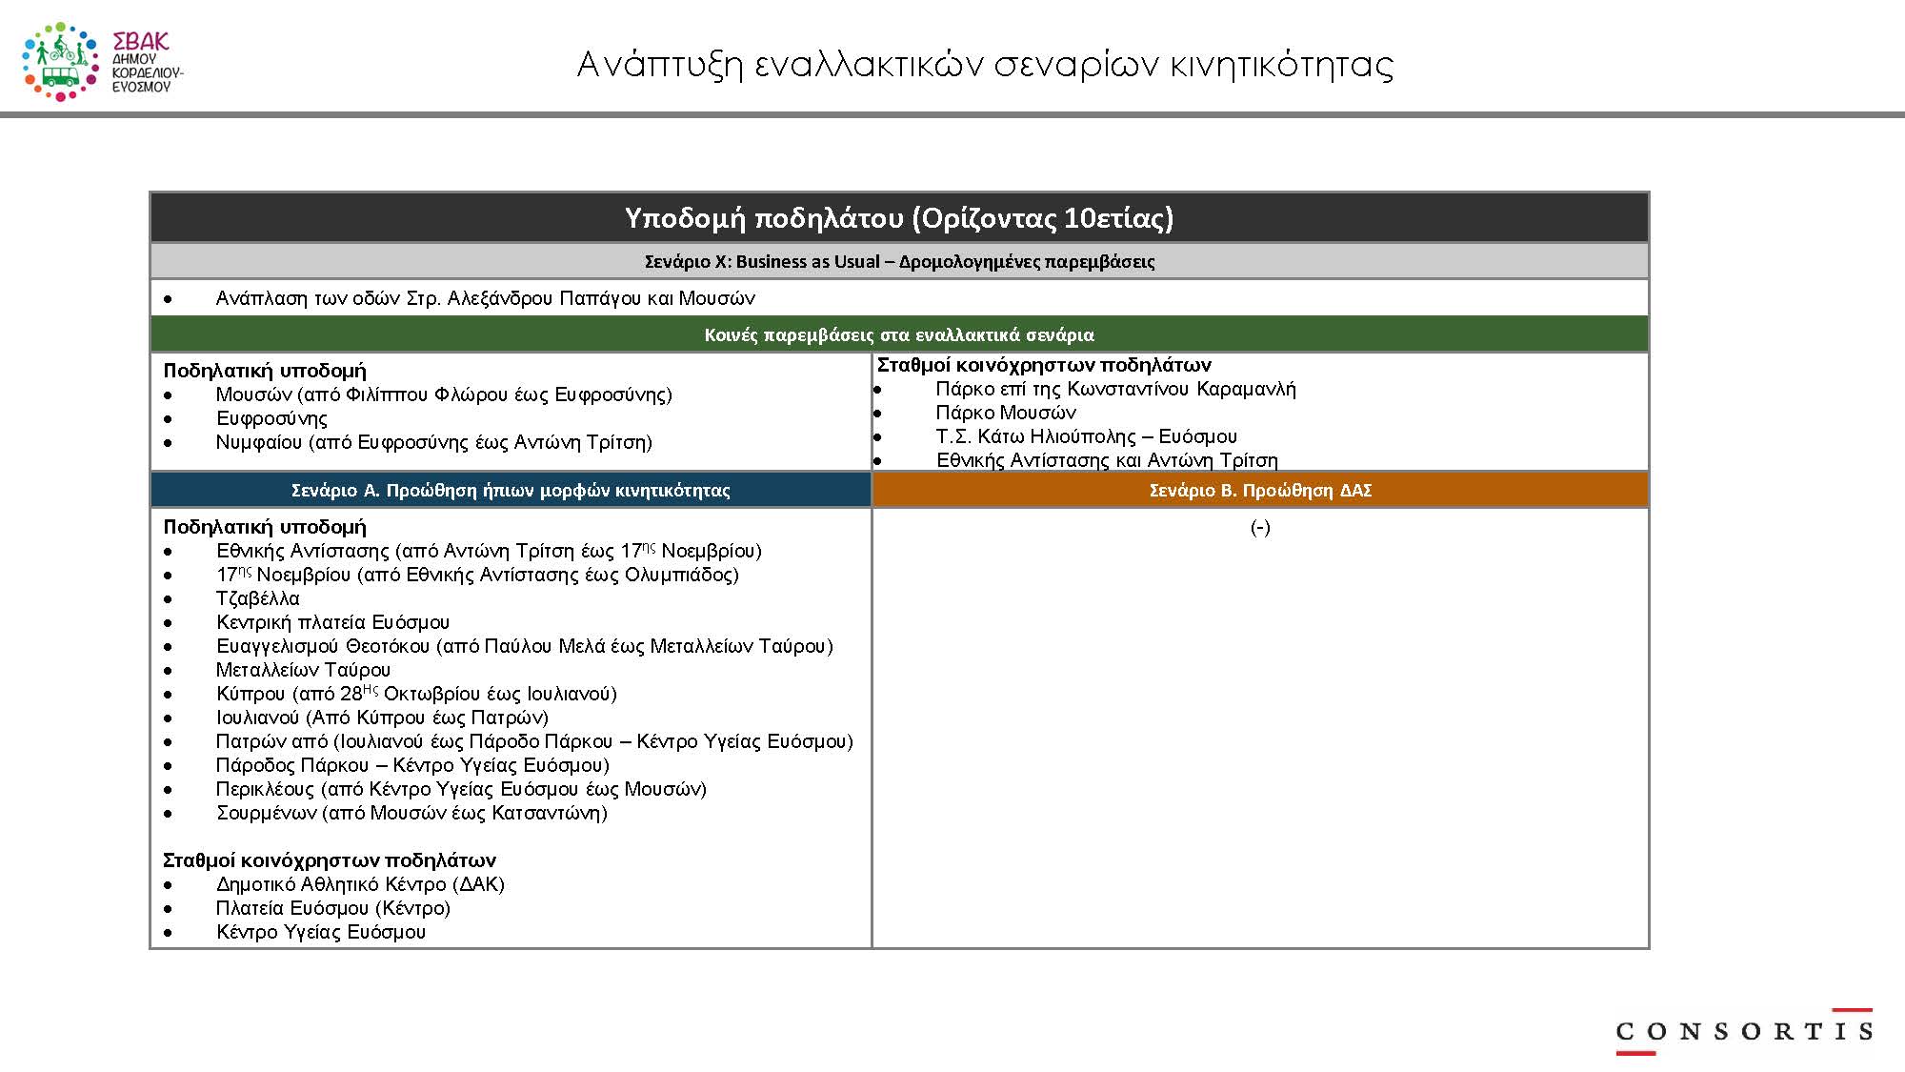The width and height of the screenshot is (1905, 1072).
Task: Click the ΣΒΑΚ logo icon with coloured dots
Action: coord(60,62)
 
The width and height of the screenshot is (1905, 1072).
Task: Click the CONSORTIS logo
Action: coord(1743,1031)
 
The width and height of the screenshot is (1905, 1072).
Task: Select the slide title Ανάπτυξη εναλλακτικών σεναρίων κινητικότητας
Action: coord(985,65)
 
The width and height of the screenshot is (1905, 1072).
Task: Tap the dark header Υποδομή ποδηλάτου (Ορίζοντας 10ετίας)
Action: coord(899,218)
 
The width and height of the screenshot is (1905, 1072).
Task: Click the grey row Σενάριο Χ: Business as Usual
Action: coord(899,261)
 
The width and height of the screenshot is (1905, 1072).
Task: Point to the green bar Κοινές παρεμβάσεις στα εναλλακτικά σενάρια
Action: coord(899,334)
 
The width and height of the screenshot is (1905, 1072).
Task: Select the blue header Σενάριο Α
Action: coord(511,490)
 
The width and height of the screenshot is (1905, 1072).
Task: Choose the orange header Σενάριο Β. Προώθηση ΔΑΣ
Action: coord(1260,490)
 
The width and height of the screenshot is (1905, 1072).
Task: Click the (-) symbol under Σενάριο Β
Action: coord(1260,527)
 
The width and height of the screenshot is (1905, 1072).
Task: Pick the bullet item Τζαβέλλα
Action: coord(257,598)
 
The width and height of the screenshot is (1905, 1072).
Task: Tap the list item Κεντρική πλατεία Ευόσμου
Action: coord(332,622)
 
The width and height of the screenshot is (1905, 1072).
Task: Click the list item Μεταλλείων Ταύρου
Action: coord(303,670)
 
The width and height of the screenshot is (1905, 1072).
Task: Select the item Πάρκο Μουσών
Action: coord(1006,413)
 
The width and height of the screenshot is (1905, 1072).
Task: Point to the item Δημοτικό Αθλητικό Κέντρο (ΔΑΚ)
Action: coord(360,884)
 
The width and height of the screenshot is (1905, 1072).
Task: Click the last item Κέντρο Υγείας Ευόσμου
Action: coord(321,932)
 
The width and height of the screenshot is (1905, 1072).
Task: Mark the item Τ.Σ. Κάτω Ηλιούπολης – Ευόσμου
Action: coord(1086,436)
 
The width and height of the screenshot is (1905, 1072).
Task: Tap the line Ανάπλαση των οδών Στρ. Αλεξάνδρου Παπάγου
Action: coord(485,298)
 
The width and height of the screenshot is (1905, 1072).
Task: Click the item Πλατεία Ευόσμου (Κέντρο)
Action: coord(332,908)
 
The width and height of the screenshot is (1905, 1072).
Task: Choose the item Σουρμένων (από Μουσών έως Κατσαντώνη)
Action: coord(411,813)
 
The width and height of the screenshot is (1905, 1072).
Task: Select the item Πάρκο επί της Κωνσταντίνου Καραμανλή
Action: coord(1115,389)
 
